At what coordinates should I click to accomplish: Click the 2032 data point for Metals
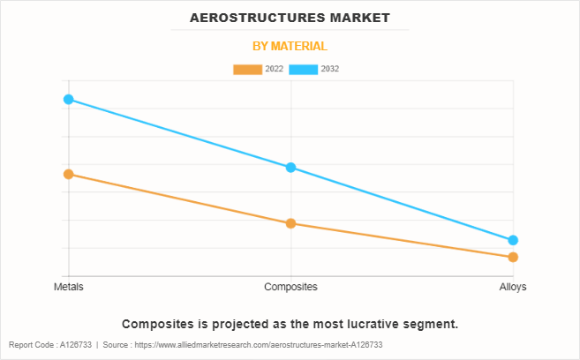click(x=68, y=100)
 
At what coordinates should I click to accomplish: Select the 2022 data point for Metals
click(x=68, y=174)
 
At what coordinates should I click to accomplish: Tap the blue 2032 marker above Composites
click(x=290, y=168)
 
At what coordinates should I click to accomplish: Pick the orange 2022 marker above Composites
click(x=290, y=223)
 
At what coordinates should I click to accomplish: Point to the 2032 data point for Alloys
click(x=513, y=240)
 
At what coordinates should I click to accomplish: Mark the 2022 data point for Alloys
click(x=513, y=257)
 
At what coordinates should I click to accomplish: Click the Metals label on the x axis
click(x=68, y=287)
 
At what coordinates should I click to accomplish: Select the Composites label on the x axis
click(x=290, y=287)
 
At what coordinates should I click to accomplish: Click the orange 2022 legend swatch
click(x=247, y=69)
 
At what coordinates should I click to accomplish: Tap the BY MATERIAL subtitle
click(x=290, y=46)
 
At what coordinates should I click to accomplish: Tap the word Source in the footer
click(x=117, y=345)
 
